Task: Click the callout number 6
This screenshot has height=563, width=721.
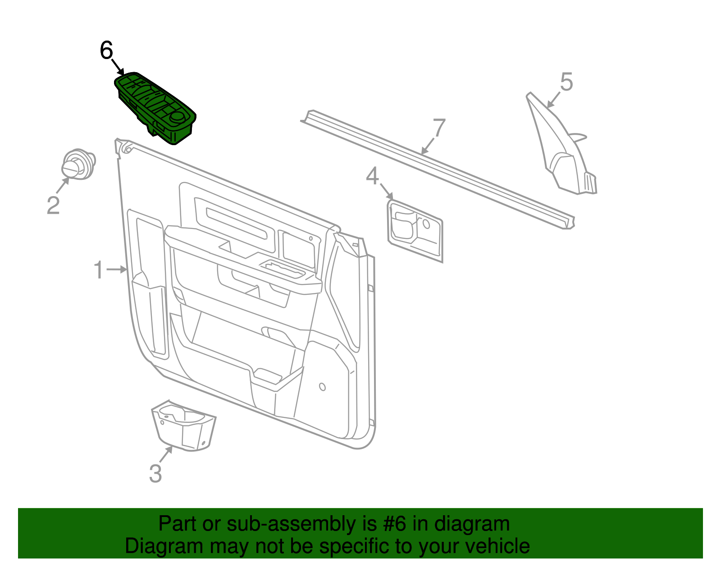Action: (x=106, y=50)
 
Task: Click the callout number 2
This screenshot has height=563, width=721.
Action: (x=53, y=205)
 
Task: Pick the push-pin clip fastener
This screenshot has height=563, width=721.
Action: (x=78, y=165)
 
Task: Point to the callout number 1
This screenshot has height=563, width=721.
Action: (x=98, y=270)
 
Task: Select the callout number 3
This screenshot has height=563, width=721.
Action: (x=155, y=474)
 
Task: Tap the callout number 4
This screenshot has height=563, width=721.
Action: (x=372, y=177)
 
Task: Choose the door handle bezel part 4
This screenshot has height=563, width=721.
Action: (x=415, y=230)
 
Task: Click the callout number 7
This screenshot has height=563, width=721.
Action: (x=439, y=128)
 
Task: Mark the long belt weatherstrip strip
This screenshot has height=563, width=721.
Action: (x=437, y=169)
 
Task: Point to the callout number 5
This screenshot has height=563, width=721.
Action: (x=566, y=82)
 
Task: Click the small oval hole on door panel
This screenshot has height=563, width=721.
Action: (x=322, y=387)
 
